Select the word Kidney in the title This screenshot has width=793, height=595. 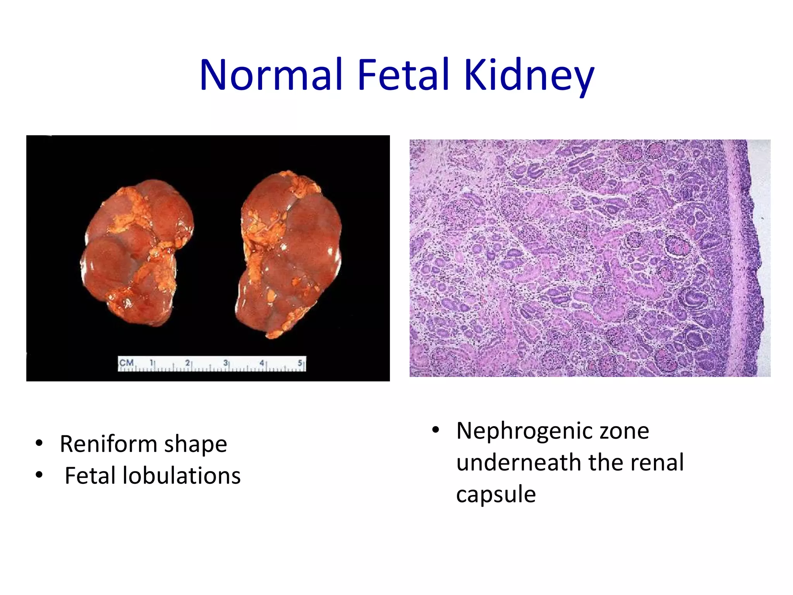[x=529, y=76]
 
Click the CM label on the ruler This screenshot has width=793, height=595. [x=126, y=363]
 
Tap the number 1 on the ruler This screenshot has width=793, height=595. [x=151, y=363]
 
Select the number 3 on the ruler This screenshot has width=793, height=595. [x=225, y=363]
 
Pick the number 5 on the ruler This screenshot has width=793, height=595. [x=300, y=363]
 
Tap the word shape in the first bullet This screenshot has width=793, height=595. [x=196, y=445]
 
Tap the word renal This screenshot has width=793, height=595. [x=657, y=462]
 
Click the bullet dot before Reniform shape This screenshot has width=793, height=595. [x=39, y=443]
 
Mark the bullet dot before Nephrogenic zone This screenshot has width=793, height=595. [x=436, y=430]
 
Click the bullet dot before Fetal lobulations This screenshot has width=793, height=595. [x=39, y=475]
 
